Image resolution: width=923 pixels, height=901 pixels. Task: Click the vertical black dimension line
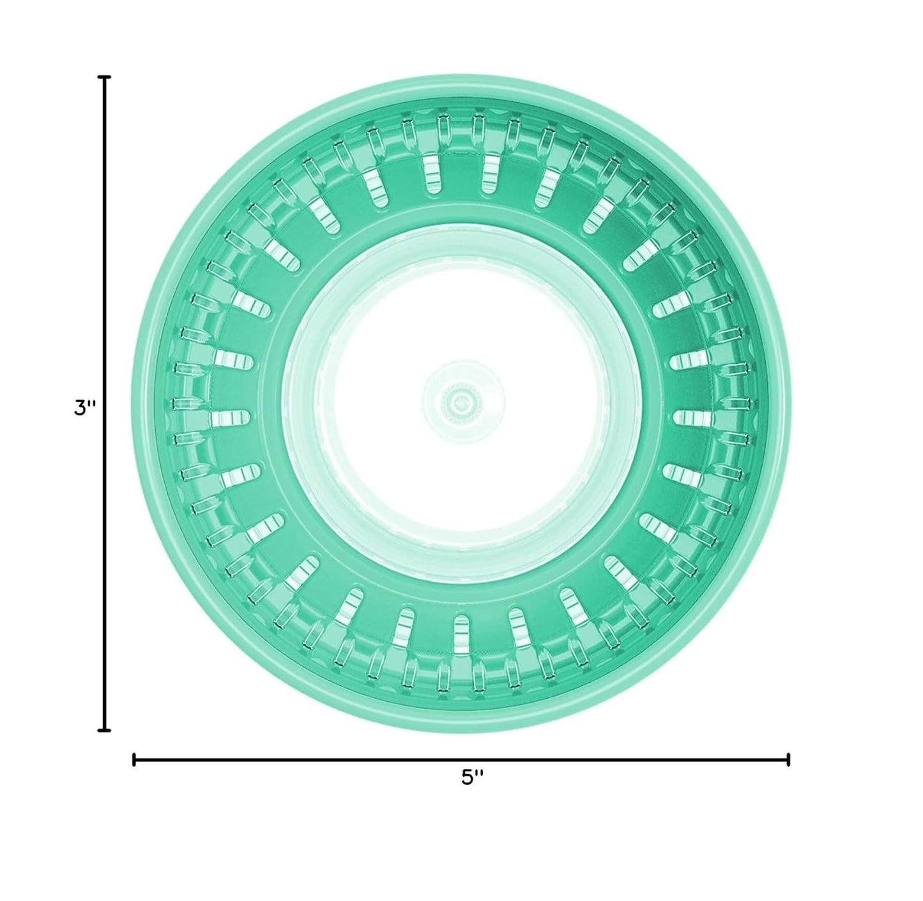[105, 404]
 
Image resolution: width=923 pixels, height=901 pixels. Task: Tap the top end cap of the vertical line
[105, 77]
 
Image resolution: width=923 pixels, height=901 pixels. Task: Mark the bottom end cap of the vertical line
[105, 730]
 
